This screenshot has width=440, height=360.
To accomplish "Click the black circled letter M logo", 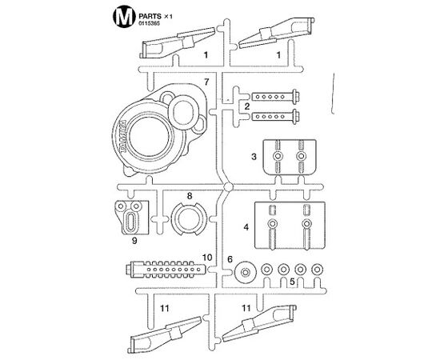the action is click(x=122, y=18).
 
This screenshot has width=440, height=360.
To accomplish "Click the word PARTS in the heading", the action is click(x=150, y=16).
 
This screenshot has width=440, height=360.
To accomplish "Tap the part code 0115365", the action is click(x=149, y=24).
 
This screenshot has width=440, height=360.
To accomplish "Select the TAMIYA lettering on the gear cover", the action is click(x=122, y=136).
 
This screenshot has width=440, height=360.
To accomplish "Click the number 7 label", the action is click(x=206, y=82).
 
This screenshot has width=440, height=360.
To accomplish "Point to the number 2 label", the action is click(x=247, y=106).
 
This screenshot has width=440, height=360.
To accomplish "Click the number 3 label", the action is click(x=254, y=157).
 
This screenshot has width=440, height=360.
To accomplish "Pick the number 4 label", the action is click(x=246, y=226).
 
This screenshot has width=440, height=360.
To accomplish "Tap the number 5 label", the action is click(x=292, y=282).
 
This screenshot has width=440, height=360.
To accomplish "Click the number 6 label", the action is click(x=230, y=259).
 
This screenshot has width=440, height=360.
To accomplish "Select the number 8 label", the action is click(x=190, y=196).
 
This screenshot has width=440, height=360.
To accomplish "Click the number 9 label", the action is click(x=134, y=241).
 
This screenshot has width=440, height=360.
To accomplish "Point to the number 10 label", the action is click(x=207, y=258).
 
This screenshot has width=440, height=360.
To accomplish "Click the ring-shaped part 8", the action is click(x=175, y=219).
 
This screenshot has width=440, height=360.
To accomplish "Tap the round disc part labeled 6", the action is click(x=246, y=272).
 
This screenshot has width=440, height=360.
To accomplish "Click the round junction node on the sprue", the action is click(x=228, y=186).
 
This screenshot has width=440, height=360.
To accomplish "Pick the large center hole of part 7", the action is click(x=150, y=138).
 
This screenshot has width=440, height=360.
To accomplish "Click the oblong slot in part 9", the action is click(x=131, y=222).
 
